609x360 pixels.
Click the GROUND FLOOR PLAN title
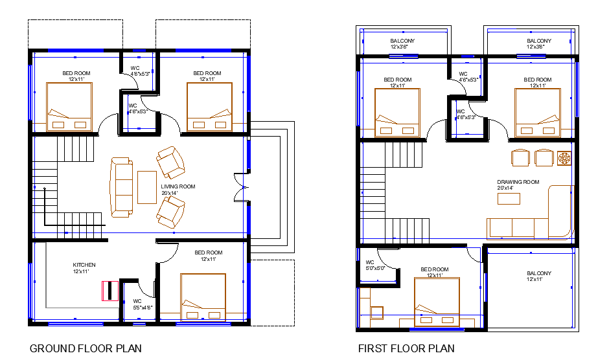point(86,348)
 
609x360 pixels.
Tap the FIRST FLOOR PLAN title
point(406,348)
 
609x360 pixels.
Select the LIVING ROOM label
point(178,190)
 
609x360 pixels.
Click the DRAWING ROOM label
point(518,185)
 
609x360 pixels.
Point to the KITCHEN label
point(84,268)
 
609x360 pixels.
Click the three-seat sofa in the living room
point(121,187)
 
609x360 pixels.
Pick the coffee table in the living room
point(147,187)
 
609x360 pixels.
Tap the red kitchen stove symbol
point(110,291)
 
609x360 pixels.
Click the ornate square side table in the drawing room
point(564,159)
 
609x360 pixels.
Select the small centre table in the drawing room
point(509,198)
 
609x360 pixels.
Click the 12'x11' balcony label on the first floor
point(539,276)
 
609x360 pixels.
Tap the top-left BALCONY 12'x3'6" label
point(402,43)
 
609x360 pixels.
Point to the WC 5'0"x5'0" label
point(374,265)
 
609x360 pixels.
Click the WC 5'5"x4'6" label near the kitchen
point(143,304)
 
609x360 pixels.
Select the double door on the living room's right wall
point(241,187)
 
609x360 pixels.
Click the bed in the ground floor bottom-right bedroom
point(203,297)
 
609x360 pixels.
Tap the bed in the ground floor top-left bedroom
point(69,107)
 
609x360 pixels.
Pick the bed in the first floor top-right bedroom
point(538,113)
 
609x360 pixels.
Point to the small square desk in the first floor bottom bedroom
point(377,313)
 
